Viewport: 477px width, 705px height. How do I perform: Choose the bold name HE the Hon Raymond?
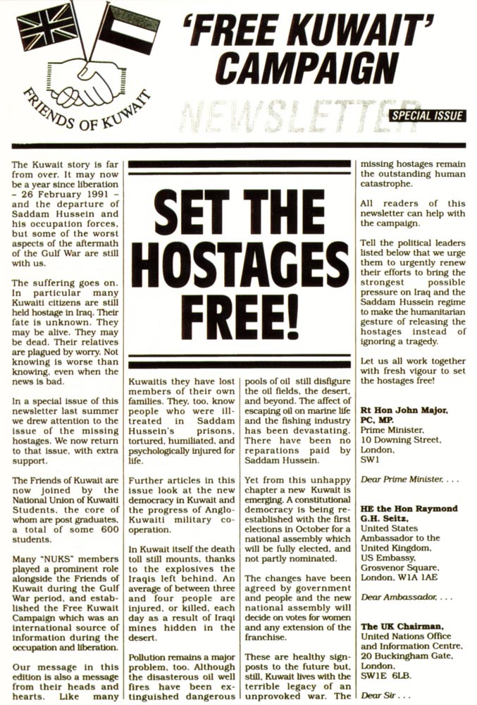point(409,508)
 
